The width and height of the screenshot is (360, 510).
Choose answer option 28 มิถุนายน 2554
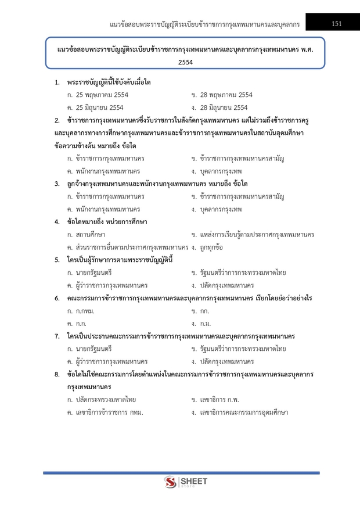219,107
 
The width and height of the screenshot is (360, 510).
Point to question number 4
57,221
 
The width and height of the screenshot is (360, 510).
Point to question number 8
57,374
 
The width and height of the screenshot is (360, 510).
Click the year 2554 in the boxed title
186,61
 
